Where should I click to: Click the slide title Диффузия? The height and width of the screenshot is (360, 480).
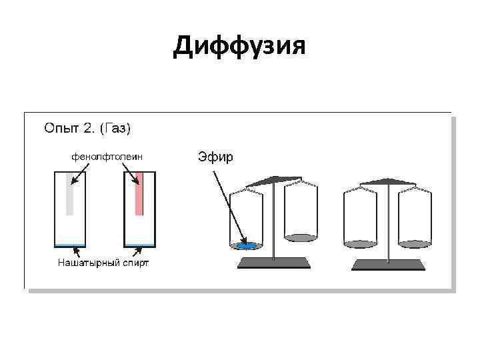coord(239,46)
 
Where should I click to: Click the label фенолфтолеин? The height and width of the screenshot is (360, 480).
coord(107,157)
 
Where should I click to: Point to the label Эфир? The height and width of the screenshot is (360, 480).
coord(215,157)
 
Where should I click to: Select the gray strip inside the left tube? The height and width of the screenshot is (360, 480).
coord(69,193)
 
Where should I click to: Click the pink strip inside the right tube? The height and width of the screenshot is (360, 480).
coord(139,193)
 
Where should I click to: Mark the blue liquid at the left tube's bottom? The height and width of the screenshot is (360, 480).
coord(69,245)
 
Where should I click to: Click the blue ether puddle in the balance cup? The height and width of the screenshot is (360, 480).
coord(246,245)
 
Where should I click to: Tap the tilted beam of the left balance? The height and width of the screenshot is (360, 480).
coord(273,180)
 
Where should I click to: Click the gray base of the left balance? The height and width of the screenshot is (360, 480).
coord(275,263)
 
